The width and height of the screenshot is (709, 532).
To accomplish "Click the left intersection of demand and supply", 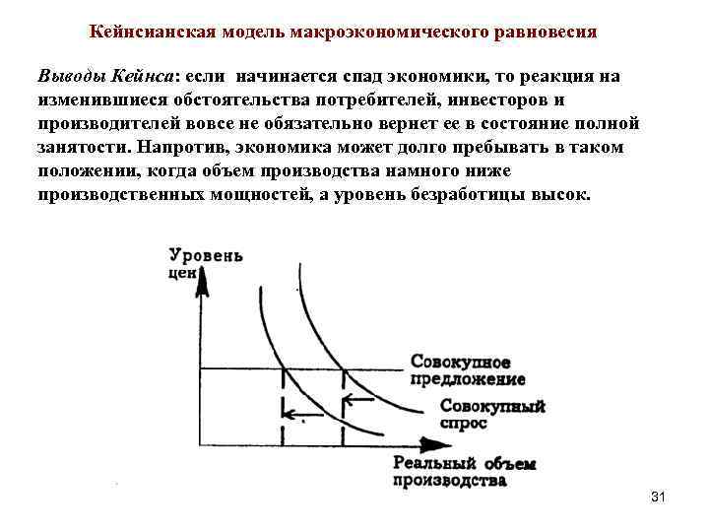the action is coord(284,370).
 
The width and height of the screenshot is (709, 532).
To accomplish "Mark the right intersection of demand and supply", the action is coord(343,370).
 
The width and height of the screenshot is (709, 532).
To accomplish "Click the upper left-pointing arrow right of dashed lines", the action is coord(358,400).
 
